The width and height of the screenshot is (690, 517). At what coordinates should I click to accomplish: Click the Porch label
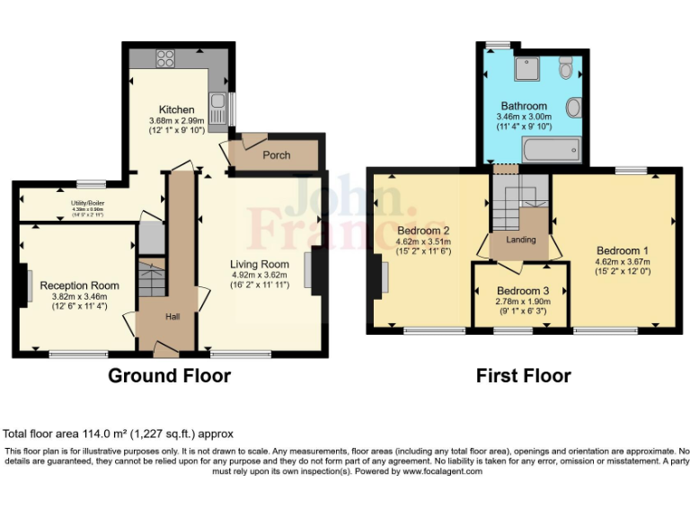coord(276,155)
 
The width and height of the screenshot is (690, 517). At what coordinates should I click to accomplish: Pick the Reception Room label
coord(80,285)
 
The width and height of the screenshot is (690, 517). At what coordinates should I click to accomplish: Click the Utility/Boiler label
coord(89,204)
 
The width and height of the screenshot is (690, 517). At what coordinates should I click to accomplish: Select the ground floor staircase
coord(151,277)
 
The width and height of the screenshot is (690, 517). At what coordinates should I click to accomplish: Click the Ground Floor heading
coord(169,375)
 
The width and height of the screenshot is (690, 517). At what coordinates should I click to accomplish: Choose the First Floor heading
coord(523,375)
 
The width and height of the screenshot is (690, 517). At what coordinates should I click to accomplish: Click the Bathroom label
coord(524,106)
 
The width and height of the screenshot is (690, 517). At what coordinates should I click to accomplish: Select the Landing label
coord(521,240)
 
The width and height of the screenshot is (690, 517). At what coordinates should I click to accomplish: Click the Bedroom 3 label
coord(521,291)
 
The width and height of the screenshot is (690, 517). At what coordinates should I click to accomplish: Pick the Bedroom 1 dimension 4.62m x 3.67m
coord(622,262)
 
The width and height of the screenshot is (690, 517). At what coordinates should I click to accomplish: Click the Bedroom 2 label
coord(423,230)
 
